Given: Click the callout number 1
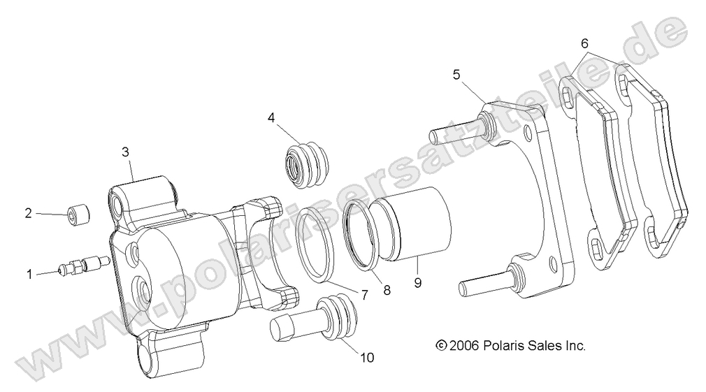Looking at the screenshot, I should coord(29,275).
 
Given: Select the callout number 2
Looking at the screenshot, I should coord(29,214).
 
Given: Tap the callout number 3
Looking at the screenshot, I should coord(125,151).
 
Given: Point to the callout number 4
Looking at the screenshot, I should coord(271,117).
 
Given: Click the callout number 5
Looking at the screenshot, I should coord(456,74).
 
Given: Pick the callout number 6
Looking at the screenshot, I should coord(584,43).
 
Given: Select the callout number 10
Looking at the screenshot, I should coord(367,358).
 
